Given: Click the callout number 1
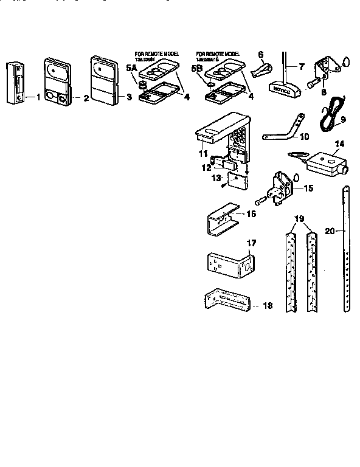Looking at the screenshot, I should point(38,97).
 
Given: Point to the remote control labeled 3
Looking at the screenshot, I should point(103,79).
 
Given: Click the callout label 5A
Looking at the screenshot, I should point(131,70).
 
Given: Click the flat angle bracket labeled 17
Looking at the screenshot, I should point(226,263).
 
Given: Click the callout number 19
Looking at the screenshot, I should point(298,217).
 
